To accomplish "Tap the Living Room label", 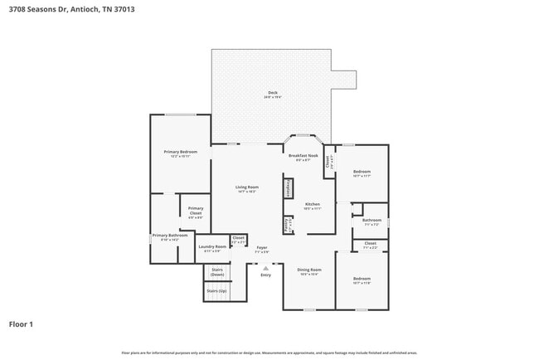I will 246,189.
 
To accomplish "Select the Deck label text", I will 273,95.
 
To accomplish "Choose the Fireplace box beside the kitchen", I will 288,187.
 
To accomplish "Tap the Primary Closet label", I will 196,211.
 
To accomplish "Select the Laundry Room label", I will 212,248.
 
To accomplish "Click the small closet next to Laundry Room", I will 238,241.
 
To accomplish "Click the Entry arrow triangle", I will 265,268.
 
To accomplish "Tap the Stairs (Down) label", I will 217,272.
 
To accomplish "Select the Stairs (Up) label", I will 217,291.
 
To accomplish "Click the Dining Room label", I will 309,271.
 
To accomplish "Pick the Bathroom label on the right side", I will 371,221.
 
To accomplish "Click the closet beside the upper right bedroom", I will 329,165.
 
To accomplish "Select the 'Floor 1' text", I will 21,324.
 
